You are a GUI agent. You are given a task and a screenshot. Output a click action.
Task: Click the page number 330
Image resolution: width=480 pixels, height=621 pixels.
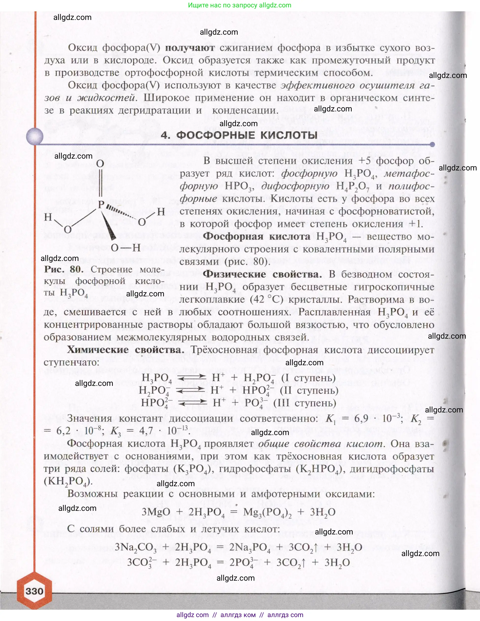pyautogui.click(x=34, y=591)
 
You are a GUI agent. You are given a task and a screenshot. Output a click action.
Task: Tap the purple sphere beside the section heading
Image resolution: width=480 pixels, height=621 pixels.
pyautogui.click(x=35, y=136)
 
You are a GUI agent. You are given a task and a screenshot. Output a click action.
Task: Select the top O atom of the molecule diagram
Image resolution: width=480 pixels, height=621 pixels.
pyautogui.click(x=100, y=164)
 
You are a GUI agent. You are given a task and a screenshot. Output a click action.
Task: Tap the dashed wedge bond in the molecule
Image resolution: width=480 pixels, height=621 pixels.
pyautogui.click(x=121, y=212)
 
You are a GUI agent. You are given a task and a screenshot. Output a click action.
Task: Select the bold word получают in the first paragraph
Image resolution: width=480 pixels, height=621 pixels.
pyautogui.click(x=189, y=48)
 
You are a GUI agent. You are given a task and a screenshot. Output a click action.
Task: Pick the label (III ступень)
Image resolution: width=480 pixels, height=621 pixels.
pyautogui.click(x=305, y=403)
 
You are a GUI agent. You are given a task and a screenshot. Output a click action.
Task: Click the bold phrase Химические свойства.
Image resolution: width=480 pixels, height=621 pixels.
pyautogui.click(x=126, y=350)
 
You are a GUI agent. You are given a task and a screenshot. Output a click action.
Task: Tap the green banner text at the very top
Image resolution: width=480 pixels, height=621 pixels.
pyautogui.click(x=240, y=5)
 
